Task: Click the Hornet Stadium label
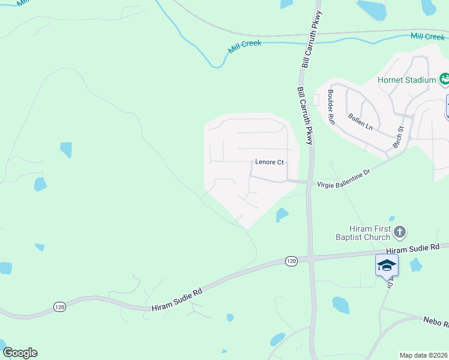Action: tap(406, 80)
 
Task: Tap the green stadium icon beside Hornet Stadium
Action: tap(444, 78)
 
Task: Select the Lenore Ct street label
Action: tap(269, 162)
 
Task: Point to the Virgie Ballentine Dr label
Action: tap(343, 172)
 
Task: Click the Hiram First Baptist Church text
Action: tap(362, 233)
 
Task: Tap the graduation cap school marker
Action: tap(387, 265)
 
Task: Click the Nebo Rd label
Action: tap(436, 323)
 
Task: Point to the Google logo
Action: tap(20, 353)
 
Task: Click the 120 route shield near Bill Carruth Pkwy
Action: tap(291, 260)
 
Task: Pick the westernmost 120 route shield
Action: tap(59, 307)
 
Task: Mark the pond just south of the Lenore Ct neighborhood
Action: tap(282, 214)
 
